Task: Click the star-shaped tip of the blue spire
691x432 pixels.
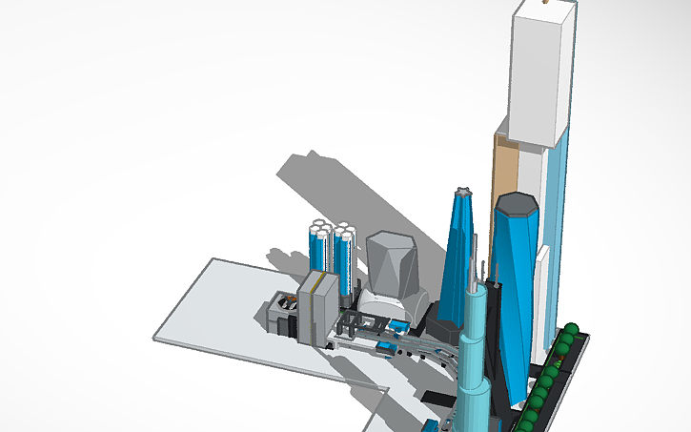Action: pyautogui.click(x=463, y=194)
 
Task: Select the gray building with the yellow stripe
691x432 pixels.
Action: pyautogui.click(x=318, y=306)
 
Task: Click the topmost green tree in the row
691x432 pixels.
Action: pyautogui.click(x=571, y=330)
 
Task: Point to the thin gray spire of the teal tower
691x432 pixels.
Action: pyautogui.click(x=473, y=272)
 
